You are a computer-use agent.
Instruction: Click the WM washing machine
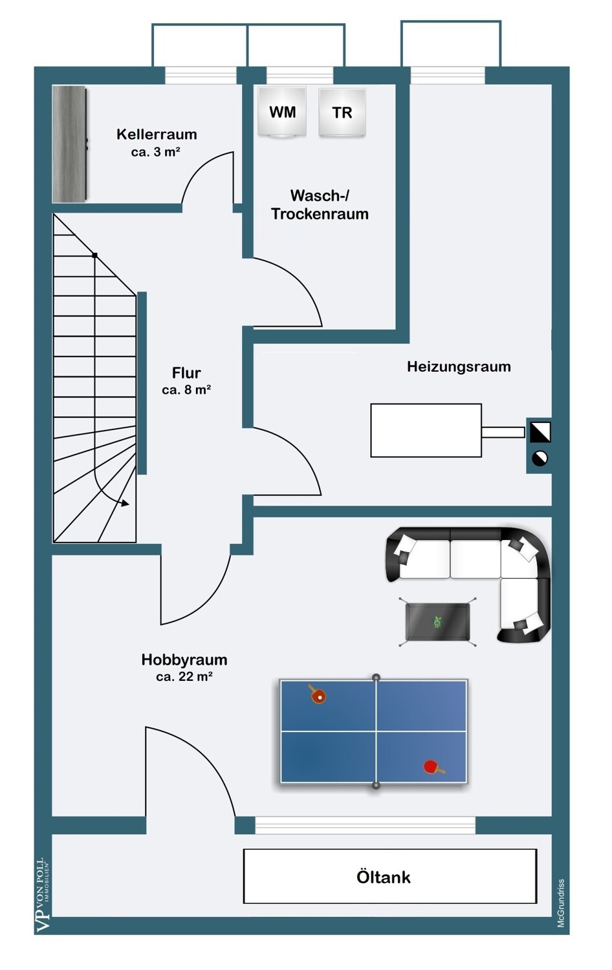point(282,112)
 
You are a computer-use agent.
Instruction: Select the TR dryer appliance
point(342,113)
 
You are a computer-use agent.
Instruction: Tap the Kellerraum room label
point(157,135)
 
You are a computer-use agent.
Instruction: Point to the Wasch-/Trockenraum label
point(320,204)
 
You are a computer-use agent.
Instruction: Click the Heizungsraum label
point(459,367)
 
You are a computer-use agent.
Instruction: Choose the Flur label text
point(186,373)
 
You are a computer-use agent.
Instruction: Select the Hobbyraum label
point(184,660)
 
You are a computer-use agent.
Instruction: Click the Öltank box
point(389,876)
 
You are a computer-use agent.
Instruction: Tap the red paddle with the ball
point(317,695)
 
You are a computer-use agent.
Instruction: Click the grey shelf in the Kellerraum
point(69,144)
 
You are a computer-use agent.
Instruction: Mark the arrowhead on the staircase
point(125,502)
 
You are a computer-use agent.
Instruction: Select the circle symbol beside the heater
point(540,458)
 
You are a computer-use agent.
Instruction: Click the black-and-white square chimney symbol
point(540,431)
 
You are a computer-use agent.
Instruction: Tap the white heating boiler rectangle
point(426,431)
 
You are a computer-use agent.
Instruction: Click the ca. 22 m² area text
point(184,677)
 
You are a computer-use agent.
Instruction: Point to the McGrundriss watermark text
point(561,903)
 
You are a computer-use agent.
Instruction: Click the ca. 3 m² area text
point(155,152)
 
